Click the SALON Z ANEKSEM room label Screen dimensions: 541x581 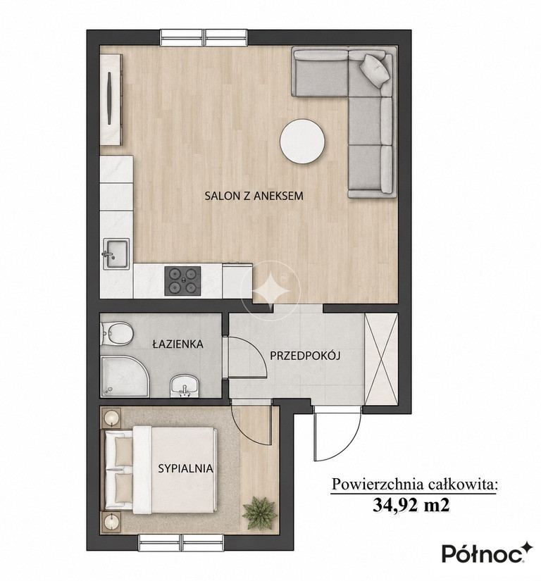254,196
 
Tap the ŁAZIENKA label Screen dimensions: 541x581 178,344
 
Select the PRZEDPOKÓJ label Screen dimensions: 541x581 305,356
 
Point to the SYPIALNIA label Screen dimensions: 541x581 186,468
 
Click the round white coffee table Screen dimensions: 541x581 302,141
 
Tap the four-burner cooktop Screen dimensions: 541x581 182,280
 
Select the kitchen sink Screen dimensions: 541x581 116,254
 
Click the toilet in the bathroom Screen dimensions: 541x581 117,332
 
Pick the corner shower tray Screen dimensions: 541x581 124,376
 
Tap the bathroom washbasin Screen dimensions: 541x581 184,385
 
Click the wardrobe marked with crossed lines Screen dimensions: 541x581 381,359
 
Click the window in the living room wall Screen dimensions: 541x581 204,37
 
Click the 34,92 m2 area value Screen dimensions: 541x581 411,505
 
